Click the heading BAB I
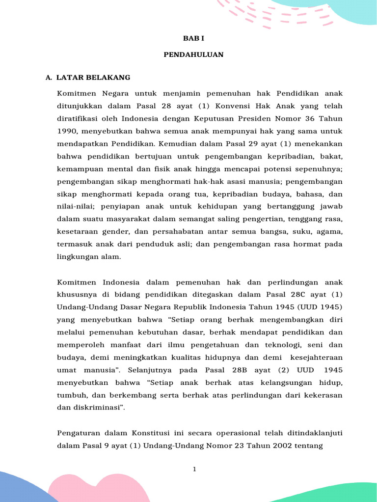(193, 38)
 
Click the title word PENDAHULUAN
(193, 55)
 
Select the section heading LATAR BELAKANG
(93, 77)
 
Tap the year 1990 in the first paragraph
(66, 131)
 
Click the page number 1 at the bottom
(194, 469)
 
